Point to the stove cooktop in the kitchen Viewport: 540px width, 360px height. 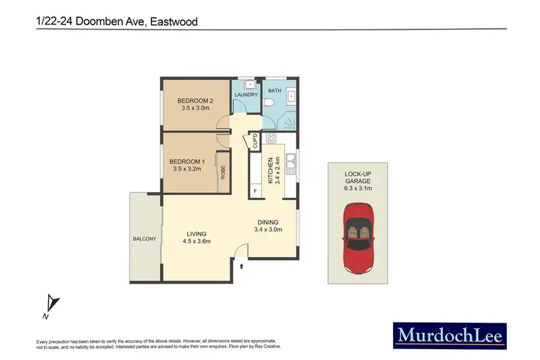pos(272,138)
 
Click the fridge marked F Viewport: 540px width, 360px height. pos(256,191)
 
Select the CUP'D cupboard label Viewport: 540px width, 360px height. pos(255,141)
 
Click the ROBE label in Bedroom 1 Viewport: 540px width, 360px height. pos(223,171)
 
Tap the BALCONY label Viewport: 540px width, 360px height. pos(145,239)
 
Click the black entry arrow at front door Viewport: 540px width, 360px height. pos(242,266)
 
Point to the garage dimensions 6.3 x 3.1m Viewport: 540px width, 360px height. pos(358,189)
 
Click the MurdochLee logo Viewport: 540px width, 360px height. pos(449,334)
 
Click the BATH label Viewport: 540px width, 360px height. pos(274,91)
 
